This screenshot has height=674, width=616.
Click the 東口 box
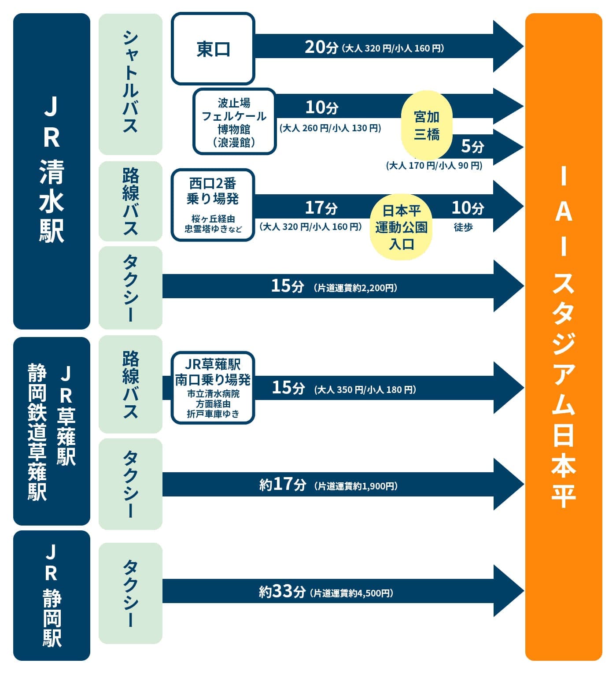[x=213, y=48]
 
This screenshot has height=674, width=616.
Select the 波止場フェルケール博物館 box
[x=234, y=122]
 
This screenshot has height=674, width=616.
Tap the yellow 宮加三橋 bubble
[x=427, y=125]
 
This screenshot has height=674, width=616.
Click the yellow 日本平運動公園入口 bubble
[x=401, y=227]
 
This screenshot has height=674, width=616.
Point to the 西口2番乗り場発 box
[x=213, y=205]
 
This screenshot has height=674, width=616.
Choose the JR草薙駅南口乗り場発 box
[x=213, y=388]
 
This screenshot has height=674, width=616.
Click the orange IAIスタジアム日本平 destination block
[x=564, y=337]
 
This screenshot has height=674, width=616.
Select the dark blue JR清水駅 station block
[x=52, y=171]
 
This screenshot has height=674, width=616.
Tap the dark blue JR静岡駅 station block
[x=52, y=596]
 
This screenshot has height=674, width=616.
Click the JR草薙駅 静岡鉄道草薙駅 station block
[x=52, y=431]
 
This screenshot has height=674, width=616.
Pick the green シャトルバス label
[x=130, y=84]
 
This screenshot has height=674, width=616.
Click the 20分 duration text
[x=321, y=48]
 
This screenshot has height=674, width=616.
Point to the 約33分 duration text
[x=282, y=592]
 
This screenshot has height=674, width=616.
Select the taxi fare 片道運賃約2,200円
[x=356, y=288]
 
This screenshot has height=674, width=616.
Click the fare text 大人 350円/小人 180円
[x=365, y=390]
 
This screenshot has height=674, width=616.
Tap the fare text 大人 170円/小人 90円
[x=434, y=166]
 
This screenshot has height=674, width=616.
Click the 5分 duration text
[x=472, y=146]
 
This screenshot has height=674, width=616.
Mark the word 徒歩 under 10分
[x=463, y=227]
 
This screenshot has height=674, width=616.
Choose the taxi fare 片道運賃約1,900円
[x=356, y=486]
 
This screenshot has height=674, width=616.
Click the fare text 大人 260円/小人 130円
[x=330, y=128]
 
